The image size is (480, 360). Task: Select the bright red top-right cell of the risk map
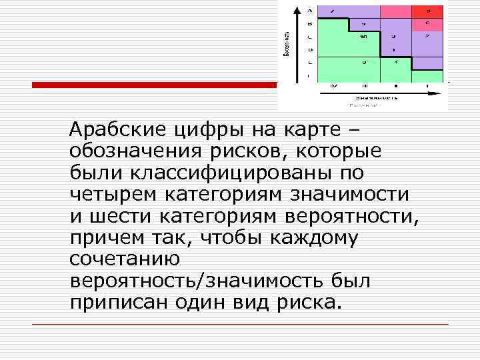pyautogui.click(x=428, y=11)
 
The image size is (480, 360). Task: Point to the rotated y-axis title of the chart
pyautogui.click(x=286, y=44)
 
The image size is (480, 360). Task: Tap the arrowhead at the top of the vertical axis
pyautogui.click(x=309, y=9)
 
